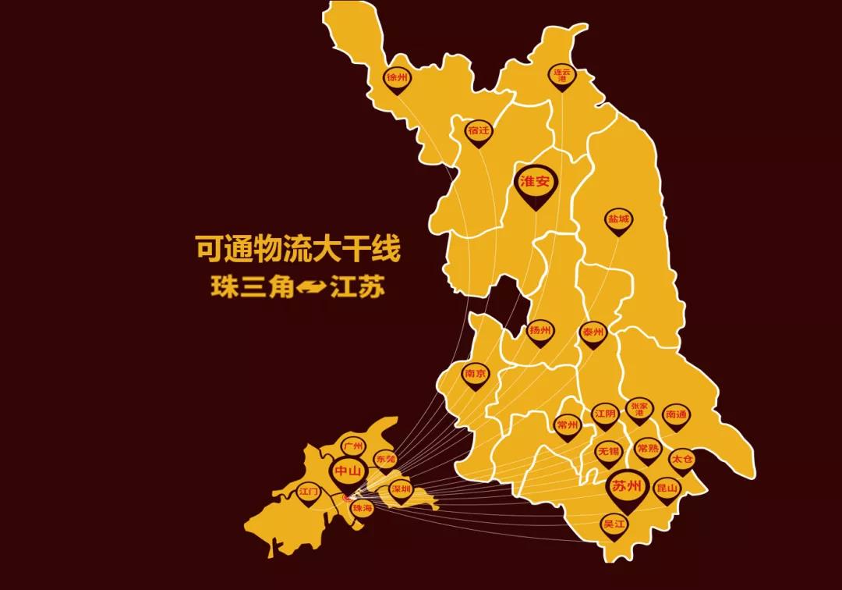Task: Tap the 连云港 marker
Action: pos(561,76)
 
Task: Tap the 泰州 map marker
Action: pos(593,333)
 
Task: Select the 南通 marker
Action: pos(675,416)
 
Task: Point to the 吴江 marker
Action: pos(614,524)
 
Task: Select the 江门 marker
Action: pos(310,493)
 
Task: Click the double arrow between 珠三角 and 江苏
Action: pos(311,287)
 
